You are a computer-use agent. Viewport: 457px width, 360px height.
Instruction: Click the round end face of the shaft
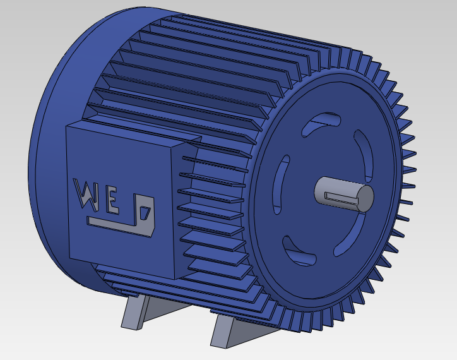click(365, 197)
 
